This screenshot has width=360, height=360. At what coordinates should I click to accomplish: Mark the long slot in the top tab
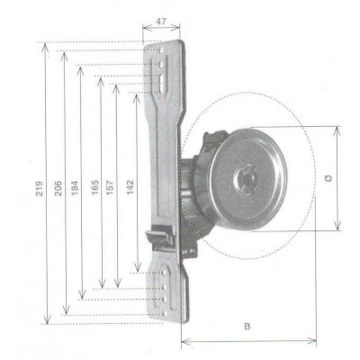[162, 79]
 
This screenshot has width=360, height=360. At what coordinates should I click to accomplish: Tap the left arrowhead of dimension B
[184, 340]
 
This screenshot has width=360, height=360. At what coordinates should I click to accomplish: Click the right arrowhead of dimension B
[314, 340]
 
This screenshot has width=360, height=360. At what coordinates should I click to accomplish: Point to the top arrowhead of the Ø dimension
[339, 129]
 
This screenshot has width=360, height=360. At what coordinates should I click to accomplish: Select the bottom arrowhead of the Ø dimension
[339, 229]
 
